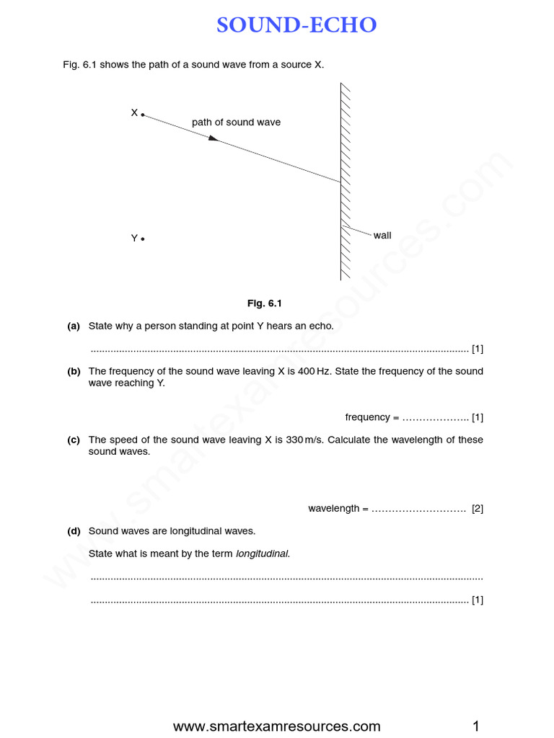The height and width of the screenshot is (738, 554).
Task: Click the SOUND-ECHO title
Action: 296,26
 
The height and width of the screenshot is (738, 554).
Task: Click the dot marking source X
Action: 143,115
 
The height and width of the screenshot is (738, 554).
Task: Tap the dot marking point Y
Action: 143,239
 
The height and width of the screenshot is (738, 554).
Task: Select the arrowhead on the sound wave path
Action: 213,137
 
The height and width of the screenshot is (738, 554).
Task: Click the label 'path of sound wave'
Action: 236,123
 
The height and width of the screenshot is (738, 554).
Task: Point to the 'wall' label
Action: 382,236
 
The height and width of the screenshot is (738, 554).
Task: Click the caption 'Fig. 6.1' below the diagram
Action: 264,303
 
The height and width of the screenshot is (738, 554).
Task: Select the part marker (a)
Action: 74,326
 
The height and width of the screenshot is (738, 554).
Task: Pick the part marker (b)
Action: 74,371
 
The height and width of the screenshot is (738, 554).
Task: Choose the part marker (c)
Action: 74,440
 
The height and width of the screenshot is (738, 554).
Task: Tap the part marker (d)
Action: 74,531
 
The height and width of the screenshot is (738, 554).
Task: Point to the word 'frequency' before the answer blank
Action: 367,417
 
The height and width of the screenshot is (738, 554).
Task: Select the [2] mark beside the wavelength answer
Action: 478,509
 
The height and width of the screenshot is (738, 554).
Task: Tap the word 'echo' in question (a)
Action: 322,326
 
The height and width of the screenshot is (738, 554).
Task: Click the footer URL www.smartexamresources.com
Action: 277,726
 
